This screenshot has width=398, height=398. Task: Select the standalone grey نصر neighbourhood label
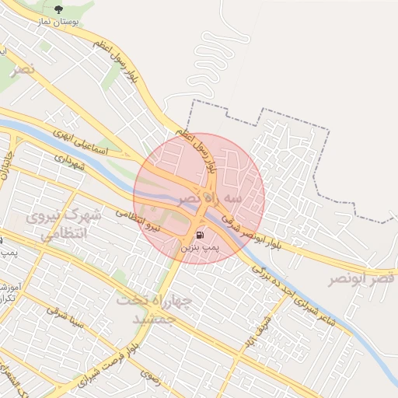(23, 69)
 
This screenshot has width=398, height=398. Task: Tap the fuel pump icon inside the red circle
(201, 236)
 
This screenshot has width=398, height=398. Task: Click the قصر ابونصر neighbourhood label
(362, 278)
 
